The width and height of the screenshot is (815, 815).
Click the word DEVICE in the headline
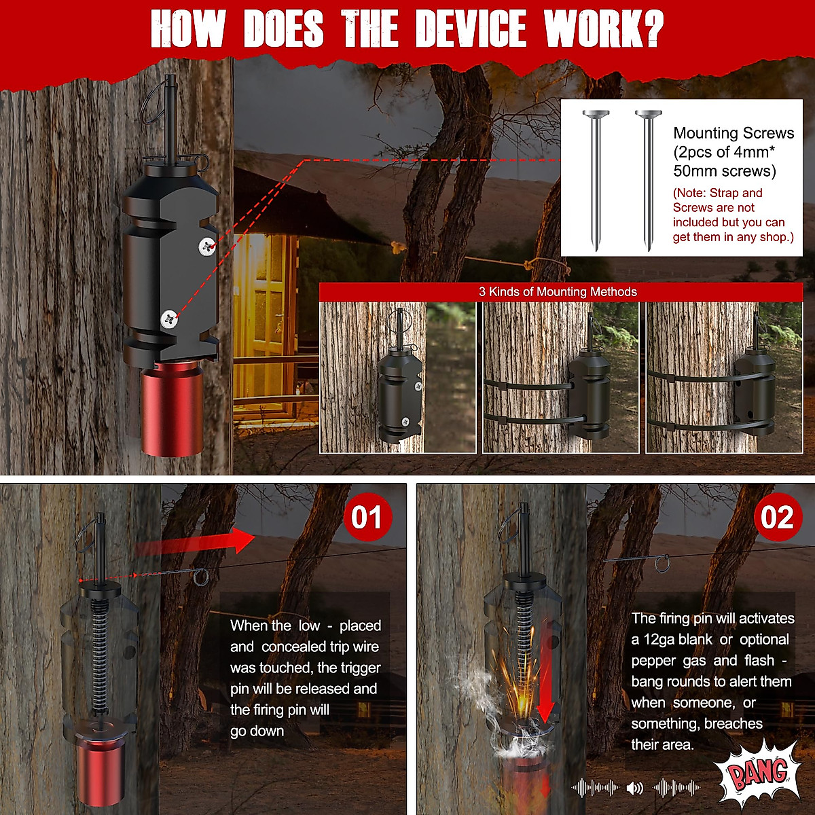[x=471, y=29]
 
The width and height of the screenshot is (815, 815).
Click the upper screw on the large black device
[x=207, y=246]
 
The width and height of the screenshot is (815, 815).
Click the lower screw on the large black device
[x=169, y=319]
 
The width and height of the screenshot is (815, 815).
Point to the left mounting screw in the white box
[x=596, y=181]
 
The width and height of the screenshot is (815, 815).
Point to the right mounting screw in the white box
[x=648, y=181]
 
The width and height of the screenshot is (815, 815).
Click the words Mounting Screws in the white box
[x=733, y=133]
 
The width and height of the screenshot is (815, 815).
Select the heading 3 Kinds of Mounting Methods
[x=558, y=291]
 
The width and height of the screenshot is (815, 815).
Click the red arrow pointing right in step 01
[x=194, y=541]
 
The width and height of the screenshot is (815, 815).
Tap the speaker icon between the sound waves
[x=634, y=788]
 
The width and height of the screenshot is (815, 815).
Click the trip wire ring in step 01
[x=201, y=577]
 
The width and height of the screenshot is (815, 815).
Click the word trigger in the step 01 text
[x=361, y=668]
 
